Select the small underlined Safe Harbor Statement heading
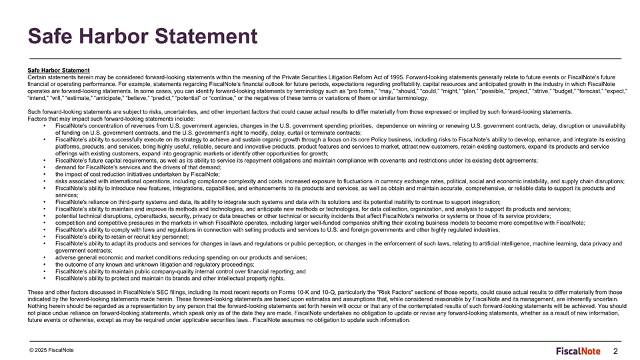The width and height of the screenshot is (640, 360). coord(59,70)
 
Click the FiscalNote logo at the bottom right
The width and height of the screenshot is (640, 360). coord(579,351)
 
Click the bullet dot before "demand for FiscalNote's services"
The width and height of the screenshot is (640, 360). coord(43,167)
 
